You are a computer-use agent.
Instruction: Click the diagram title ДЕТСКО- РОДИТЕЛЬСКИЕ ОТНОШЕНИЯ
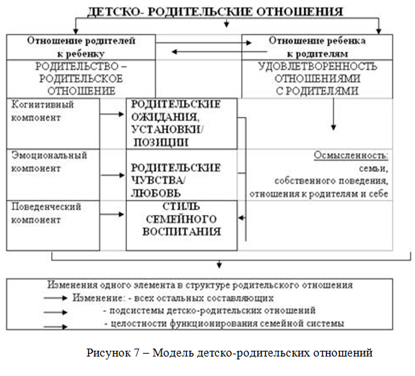coord(215,12)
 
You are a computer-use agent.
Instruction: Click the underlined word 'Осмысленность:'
coord(351,156)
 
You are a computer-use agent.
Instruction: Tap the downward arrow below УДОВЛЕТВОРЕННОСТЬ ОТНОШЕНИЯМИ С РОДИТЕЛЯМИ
coord(333,115)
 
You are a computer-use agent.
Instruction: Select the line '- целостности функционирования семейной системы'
coord(223,323)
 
